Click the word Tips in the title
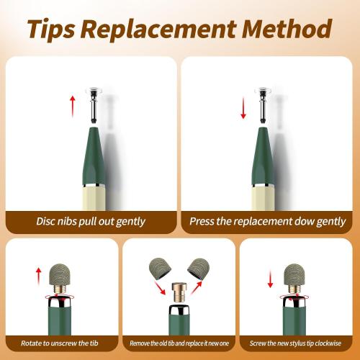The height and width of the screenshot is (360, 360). (51, 29)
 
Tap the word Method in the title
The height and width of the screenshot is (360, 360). (287, 29)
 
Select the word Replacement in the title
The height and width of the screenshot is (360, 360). (158, 30)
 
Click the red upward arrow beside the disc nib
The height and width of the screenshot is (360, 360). (73, 107)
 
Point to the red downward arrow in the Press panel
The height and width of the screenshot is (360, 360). (243, 108)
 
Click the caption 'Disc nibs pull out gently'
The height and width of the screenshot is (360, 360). (91, 222)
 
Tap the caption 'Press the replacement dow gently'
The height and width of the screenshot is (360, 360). (267, 222)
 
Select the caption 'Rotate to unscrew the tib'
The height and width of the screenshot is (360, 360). (60, 343)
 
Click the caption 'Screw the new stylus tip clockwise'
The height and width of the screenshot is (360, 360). (295, 343)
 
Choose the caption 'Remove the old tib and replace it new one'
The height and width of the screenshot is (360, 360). (179, 343)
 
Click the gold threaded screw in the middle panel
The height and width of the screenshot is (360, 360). (179, 292)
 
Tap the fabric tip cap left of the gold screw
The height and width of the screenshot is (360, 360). (158, 268)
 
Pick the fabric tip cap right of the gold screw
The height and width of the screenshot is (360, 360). (199, 269)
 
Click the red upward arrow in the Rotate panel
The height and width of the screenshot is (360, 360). (38, 276)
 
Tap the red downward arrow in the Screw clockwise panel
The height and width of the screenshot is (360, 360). (271, 279)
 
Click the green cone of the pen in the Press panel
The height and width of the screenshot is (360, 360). (263, 156)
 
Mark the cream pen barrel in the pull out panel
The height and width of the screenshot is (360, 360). (94, 198)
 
